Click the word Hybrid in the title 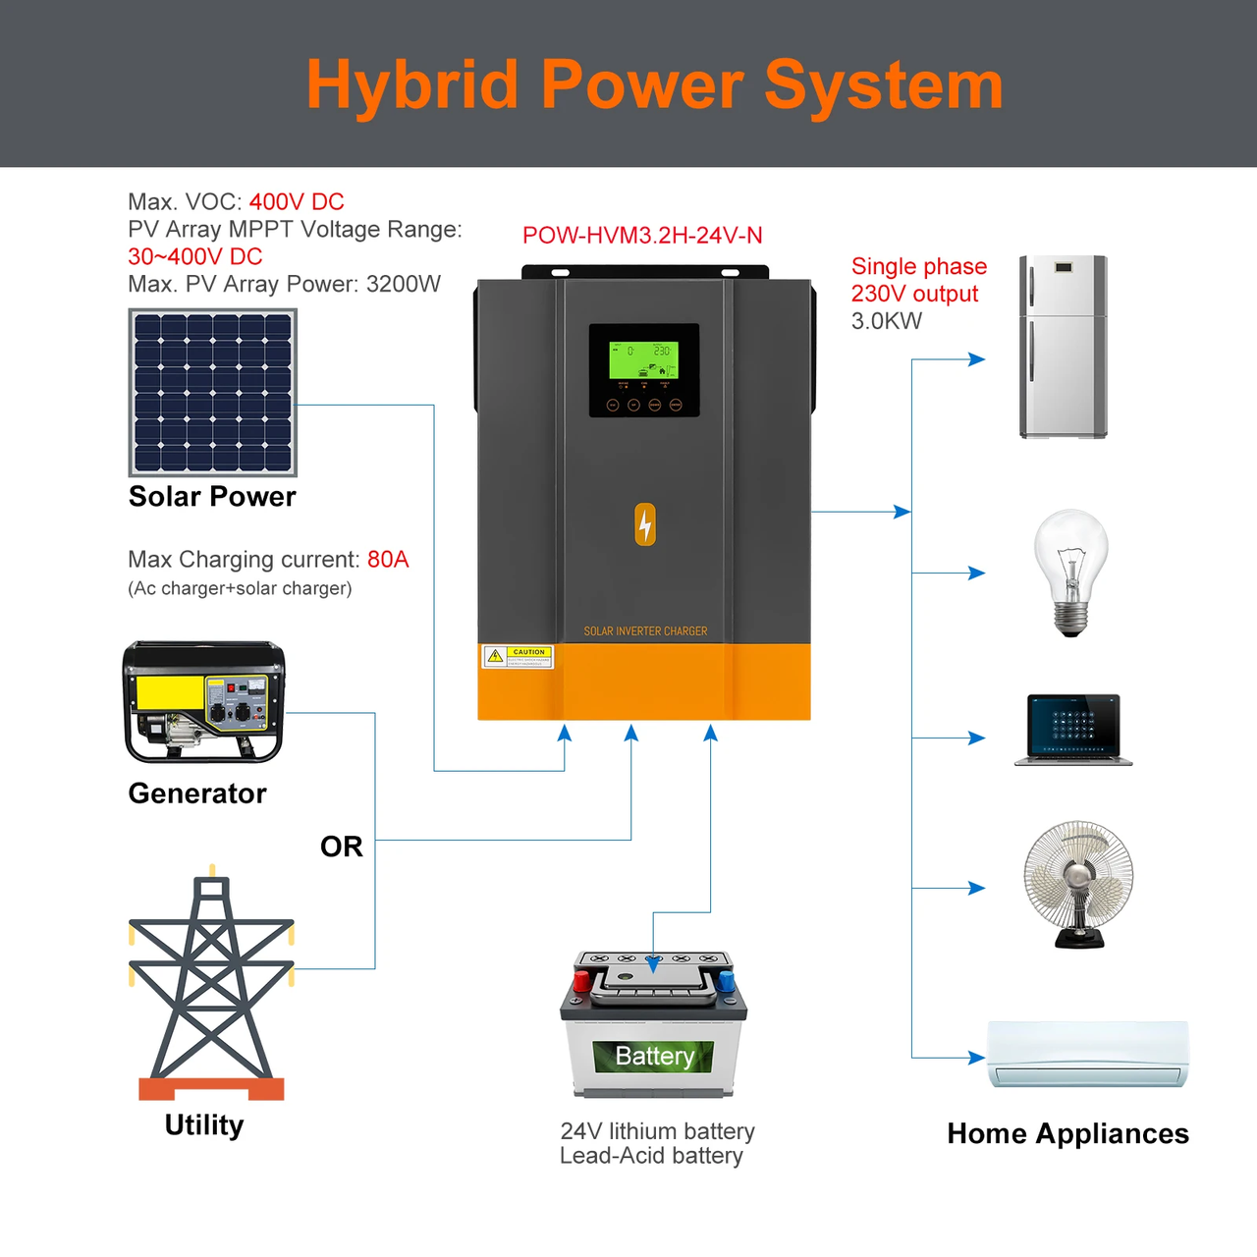(411, 85)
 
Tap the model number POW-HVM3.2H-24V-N (642, 236)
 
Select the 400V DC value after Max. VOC (297, 202)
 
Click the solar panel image (213, 393)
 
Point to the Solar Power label (212, 497)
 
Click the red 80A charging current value (388, 560)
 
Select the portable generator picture (203, 701)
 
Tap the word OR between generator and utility (341, 847)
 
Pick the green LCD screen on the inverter (643, 360)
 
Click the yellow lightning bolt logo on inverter (645, 524)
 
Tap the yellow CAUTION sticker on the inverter (518, 656)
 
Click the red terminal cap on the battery (580, 980)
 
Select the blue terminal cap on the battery (726, 980)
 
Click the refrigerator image (1063, 347)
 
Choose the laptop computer (1072, 730)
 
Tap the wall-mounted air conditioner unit (1087, 1054)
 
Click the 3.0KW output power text (887, 321)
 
